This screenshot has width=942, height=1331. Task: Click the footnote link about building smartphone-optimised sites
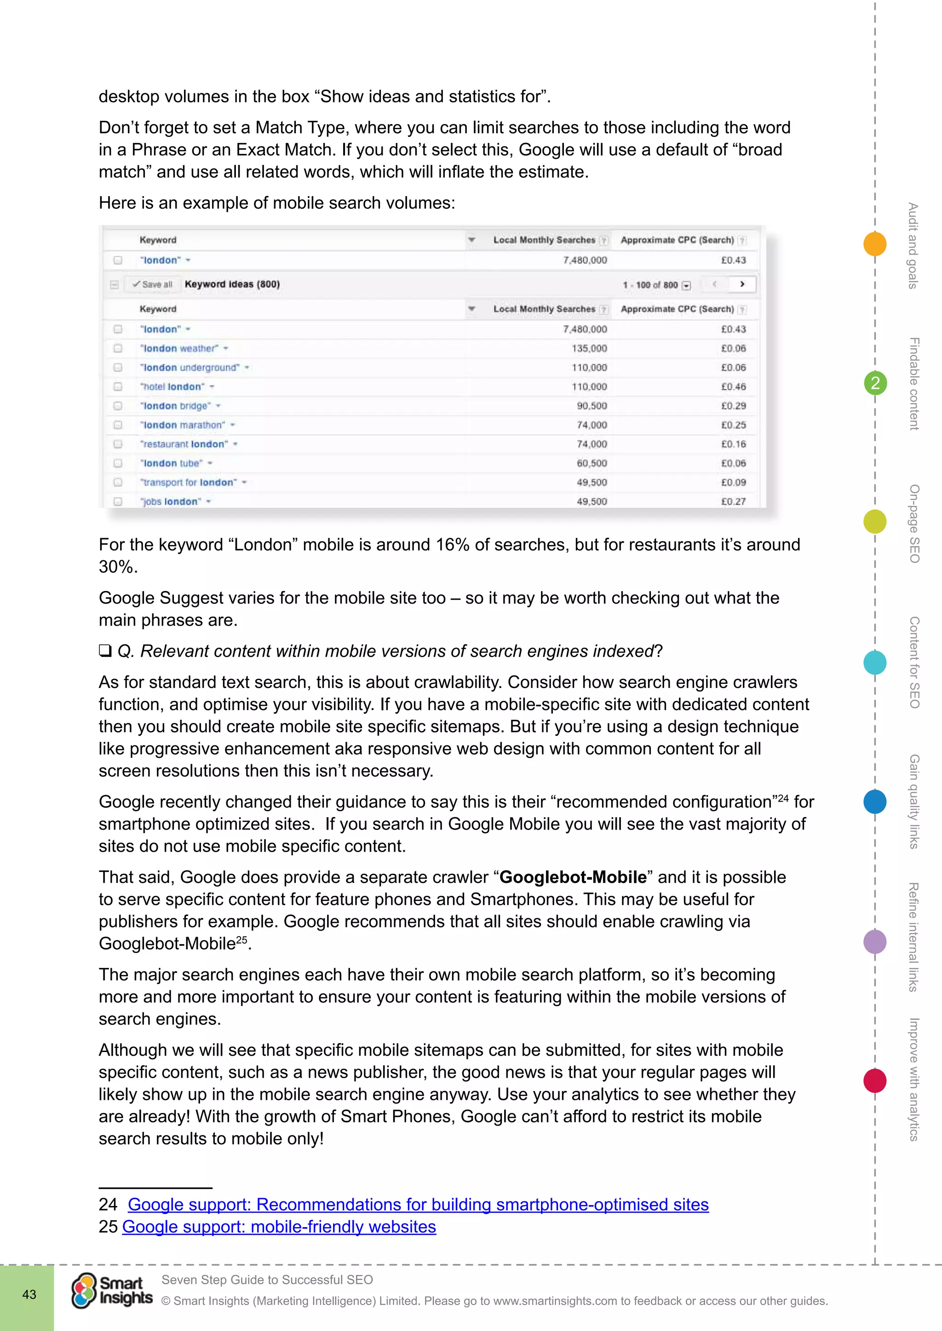(x=418, y=1204)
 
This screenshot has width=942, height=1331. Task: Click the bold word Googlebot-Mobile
(x=573, y=876)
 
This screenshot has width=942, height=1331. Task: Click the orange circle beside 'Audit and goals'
(x=875, y=244)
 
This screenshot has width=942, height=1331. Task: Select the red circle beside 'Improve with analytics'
(x=875, y=1081)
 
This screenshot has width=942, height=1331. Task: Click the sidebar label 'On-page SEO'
(x=914, y=523)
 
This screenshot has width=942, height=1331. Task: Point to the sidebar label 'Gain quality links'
(x=914, y=801)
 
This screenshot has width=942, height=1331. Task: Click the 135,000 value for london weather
(x=589, y=348)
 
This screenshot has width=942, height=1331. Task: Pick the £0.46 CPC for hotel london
(x=733, y=387)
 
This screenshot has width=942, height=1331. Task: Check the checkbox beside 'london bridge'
(x=118, y=406)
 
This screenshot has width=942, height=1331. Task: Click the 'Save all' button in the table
(x=153, y=284)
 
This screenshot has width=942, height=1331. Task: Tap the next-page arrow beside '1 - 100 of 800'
(x=742, y=284)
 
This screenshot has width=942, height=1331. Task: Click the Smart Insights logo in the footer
(x=112, y=1291)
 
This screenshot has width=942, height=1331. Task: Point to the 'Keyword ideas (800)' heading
(x=232, y=284)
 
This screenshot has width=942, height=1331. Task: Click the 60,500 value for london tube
(x=591, y=463)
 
